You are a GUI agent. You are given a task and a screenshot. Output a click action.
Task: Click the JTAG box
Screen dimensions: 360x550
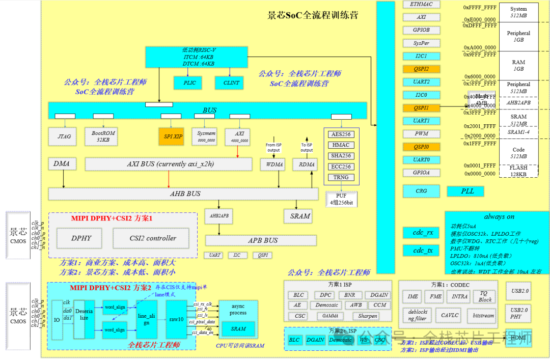click(x=64, y=136)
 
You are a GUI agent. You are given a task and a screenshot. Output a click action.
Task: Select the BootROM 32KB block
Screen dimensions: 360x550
click(x=103, y=136)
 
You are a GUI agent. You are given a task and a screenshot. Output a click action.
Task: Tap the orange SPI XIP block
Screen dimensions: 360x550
click(x=173, y=136)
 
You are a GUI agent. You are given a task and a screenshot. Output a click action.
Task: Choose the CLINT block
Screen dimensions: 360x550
click(x=231, y=82)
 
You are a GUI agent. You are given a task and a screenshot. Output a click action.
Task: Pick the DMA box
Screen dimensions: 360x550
click(x=62, y=164)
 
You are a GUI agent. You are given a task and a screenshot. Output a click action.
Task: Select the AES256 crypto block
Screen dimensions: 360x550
click(x=341, y=134)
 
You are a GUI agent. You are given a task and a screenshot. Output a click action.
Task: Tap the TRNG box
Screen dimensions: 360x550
click(x=341, y=177)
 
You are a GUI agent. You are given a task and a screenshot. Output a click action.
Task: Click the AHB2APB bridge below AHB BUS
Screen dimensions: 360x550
click(x=219, y=216)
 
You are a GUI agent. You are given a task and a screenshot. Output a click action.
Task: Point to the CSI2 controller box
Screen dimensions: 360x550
click(x=153, y=238)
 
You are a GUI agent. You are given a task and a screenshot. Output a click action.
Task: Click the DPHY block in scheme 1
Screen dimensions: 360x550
click(x=81, y=238)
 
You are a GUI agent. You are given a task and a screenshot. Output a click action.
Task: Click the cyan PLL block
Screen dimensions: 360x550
click(x=468, y=191)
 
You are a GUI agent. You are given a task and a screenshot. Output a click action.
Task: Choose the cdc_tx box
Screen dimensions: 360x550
click(x=423, y=251)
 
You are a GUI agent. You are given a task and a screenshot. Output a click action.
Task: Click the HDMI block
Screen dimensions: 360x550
click(x=518, y=338)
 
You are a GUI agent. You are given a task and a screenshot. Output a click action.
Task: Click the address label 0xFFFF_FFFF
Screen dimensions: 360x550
click(x=479, y=8)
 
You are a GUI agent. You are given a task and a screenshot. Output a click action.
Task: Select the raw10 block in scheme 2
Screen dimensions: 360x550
click(x=176, y=319)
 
